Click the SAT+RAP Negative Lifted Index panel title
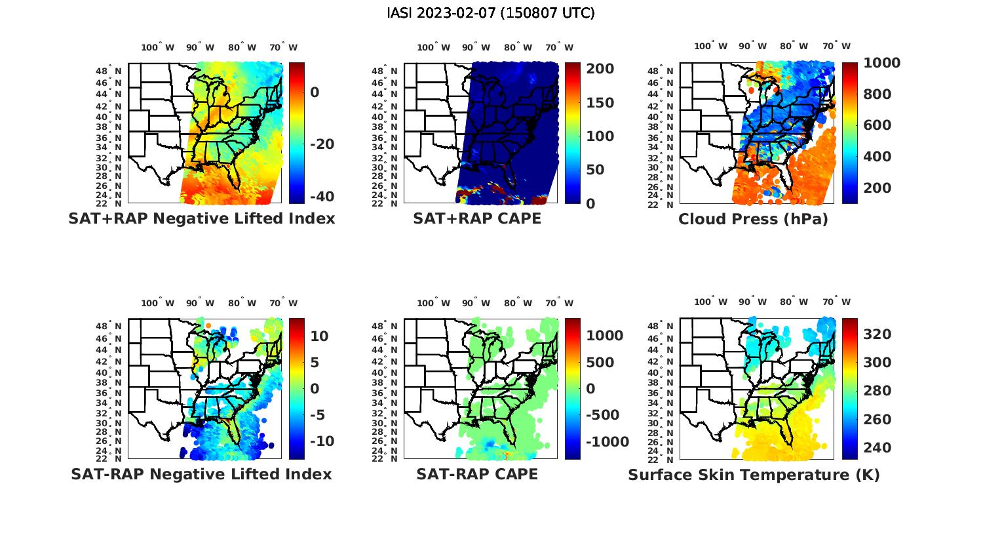click(x=201, y=218)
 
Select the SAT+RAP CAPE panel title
click(x=477, y=218)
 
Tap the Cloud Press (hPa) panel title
click(x=753, y=219)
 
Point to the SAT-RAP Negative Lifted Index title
click(x=201, y=474)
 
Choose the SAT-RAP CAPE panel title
click(x=477, y=474)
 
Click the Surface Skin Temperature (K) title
click(x=754, y=475)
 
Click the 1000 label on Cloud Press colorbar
click(x=881, y=63)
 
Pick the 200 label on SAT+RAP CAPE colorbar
click(x=600, y=69)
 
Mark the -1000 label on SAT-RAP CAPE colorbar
click(x=607, y=442)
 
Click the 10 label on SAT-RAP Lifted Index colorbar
click(x=319, y=336)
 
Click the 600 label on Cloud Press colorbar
click(x=877, y=125)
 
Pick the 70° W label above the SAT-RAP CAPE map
click(x=560, y=303)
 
